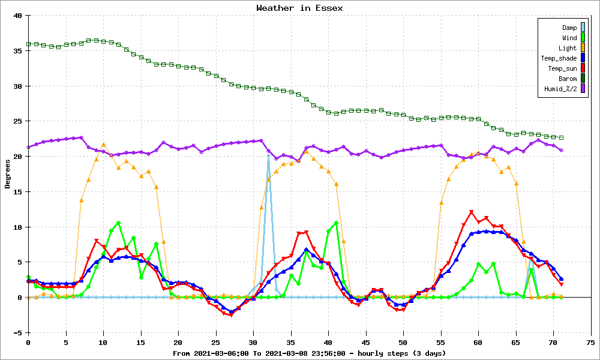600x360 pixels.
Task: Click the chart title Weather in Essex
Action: [299, 8]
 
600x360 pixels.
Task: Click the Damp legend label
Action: [569, 28]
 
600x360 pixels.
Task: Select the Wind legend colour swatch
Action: [583, 37]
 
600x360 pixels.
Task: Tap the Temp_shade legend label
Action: [559, 58]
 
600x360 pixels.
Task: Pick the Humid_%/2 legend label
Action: [560, 89]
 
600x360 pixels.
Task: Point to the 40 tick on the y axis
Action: [18, 16]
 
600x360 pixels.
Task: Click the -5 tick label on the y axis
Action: [18, 333]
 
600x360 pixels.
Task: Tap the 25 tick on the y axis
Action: [18, 121]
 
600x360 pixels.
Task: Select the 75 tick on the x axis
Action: [591, 343]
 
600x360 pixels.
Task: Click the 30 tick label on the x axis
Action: [253, 343]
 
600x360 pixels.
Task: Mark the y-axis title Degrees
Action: [8, 174]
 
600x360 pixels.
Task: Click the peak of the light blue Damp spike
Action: [268, 155]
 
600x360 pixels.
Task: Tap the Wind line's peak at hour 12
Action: [118, 223]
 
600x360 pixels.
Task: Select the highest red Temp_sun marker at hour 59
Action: [471, 212]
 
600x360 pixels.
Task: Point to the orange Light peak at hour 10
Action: [103, 145]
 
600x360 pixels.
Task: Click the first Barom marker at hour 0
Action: [28, 44]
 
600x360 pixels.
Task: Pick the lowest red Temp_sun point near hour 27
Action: [231, 315]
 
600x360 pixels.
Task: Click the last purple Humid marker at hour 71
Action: [561, 151]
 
